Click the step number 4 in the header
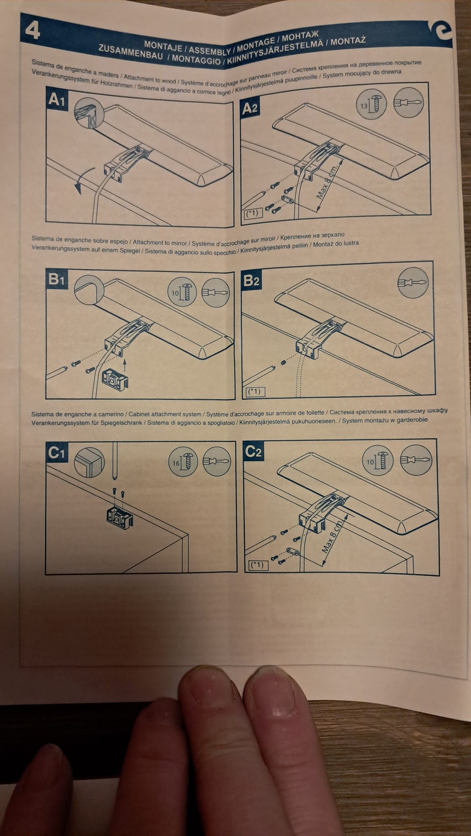tap(32, 30)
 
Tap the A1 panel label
tap(57, 99)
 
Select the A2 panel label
tap(250, 108)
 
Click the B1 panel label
tap(56, 279)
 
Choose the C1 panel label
tap(56, 452)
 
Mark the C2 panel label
tap(253, 452)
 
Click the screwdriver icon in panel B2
tap(413, 283)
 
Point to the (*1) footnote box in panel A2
tap(254, 214)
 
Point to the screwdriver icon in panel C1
tap(217, 461)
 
